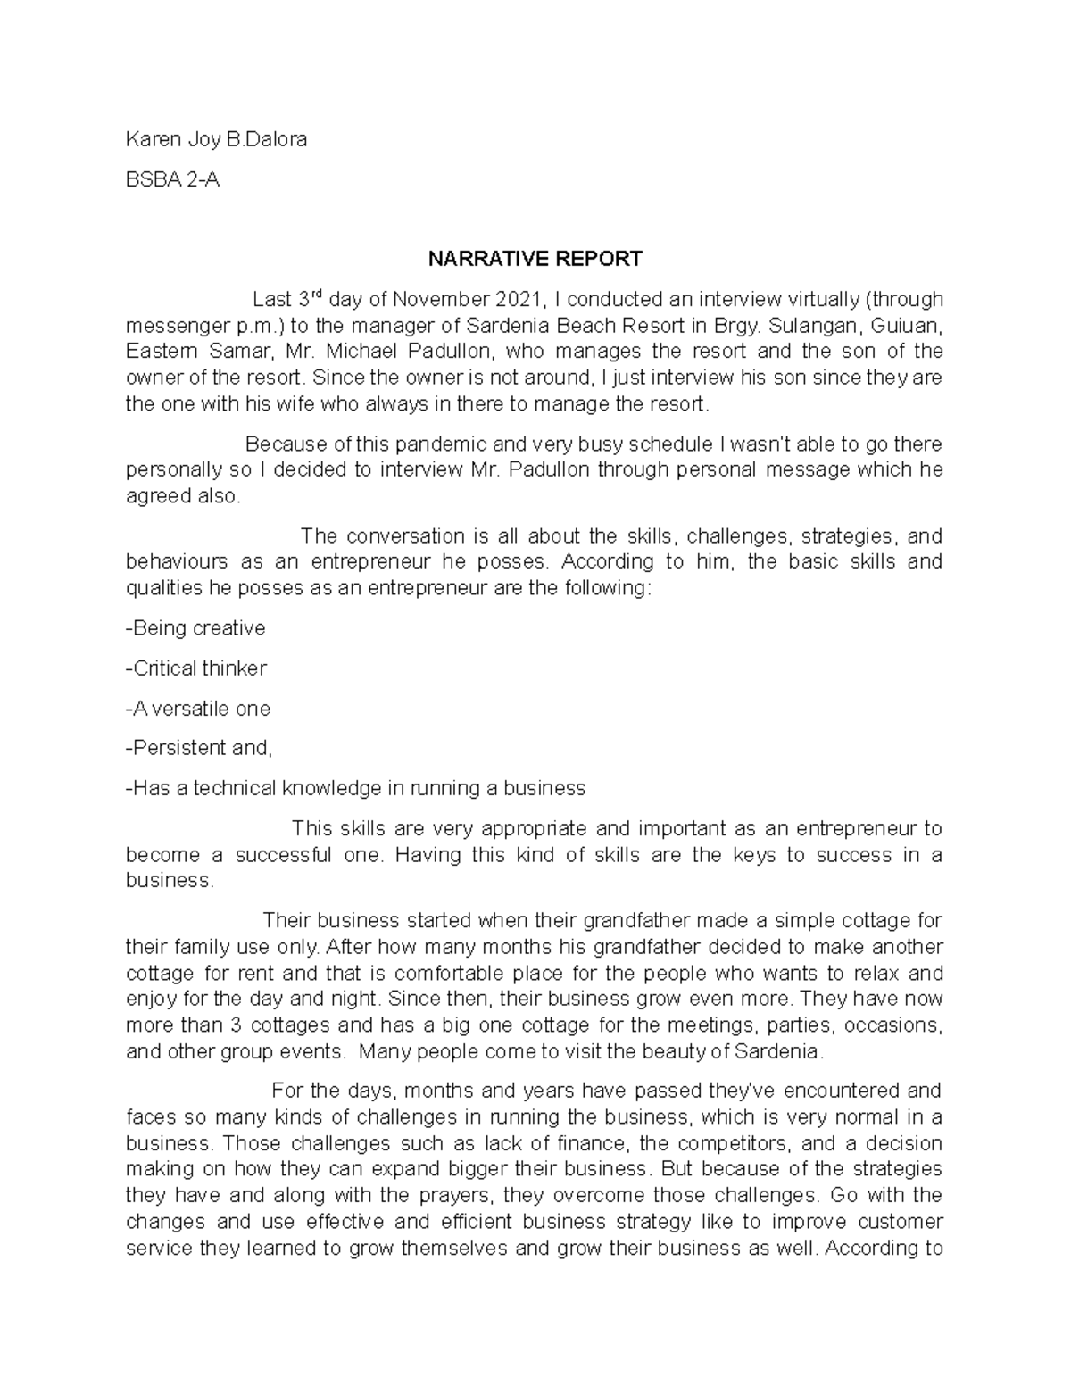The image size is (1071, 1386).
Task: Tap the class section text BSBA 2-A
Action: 172,179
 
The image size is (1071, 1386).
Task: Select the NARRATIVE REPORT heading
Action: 535,259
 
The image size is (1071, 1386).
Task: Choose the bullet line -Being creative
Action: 195,627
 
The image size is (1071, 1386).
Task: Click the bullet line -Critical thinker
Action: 196,668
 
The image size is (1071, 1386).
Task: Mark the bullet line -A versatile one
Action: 197,708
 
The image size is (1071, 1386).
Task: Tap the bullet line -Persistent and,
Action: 199,748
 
